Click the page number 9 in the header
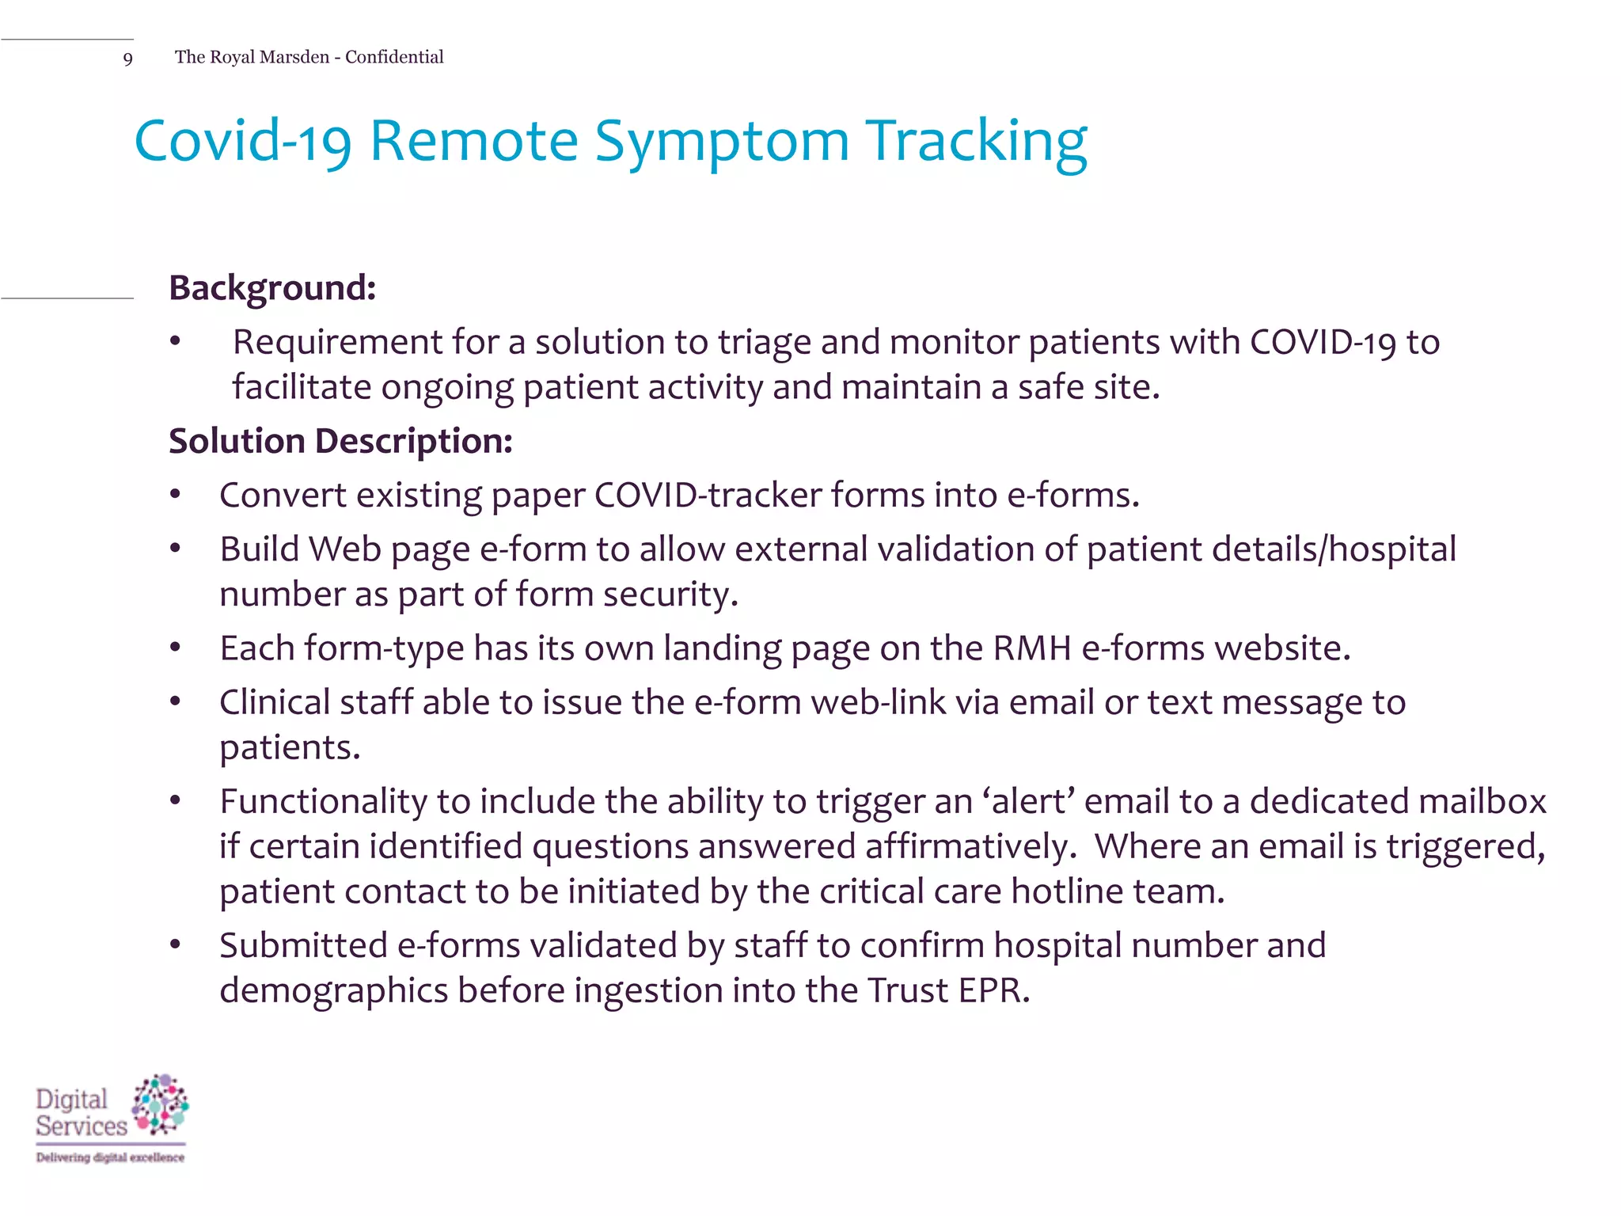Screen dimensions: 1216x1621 pyautogui.click(x=127, y=59)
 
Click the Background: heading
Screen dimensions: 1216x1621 pyautogui.click(x=272, y=287)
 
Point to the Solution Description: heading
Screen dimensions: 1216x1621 pyautogui.click(x=340, y=441)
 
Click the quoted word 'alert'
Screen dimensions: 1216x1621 pyautogui.click(x=1028, y=801)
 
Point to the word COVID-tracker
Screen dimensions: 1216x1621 pyautogui.click(x=708, y=496)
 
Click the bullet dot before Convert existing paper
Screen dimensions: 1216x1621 pyautogui.click(x=176, y=496)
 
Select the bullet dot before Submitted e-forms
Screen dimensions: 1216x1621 pyautogui.click(x=176, y=945)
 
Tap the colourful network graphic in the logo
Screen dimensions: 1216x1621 pyautogui.click(x=161, y=1104)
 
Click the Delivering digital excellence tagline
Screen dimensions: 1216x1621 pyautogui.click(x=110, y=1157)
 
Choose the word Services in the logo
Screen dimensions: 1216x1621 pyautogui.click(x=81, y=1126)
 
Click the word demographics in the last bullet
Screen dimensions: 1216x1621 pyautogui.click(x=333, y=991)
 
